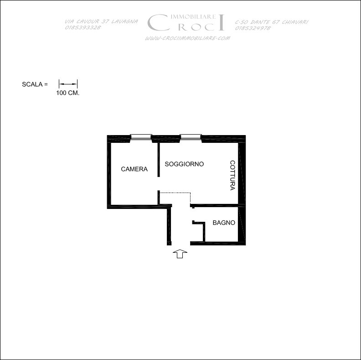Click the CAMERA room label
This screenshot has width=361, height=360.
coord(134,169)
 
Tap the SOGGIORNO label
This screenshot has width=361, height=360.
coord(184,164)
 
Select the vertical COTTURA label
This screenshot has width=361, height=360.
coord(232,175)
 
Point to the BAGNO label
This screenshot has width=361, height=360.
coord(224,223)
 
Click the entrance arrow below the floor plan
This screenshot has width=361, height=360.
coord(180,254)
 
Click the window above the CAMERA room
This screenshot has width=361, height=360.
coord(141,136)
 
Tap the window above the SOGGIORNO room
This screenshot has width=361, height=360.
coord(191,136)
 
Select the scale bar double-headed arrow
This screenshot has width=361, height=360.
coord(68,84)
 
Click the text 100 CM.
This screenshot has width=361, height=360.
coord(67,93)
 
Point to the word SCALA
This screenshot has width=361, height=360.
coord(32,84)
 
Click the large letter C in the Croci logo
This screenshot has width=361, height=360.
coord(158,22)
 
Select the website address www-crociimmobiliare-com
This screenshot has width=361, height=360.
coord(188,38)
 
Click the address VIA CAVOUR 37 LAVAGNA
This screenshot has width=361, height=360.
coord(101,21)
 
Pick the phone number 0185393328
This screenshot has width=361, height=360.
coord(83,27)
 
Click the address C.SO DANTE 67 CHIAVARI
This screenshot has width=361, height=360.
coord(272,22)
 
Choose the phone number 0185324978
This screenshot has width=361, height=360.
coord(253,28)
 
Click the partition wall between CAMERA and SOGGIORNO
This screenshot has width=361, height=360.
coord(159,160)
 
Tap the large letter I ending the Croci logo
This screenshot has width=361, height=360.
coord(221,22)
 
